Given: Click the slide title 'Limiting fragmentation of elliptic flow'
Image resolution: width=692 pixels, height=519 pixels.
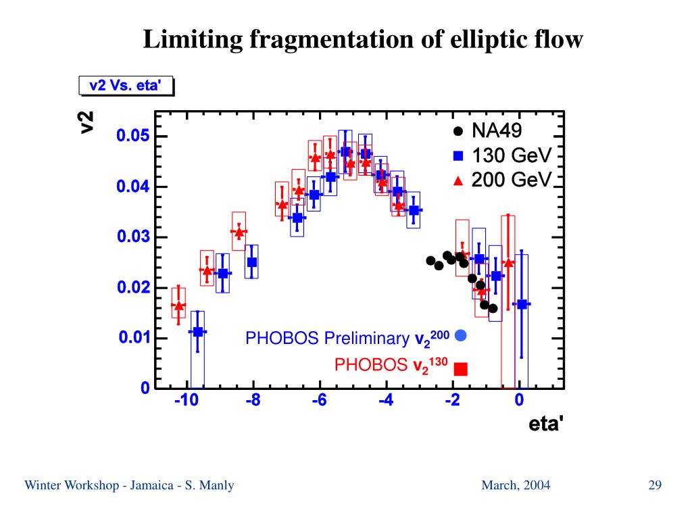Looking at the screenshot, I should coord(362,40).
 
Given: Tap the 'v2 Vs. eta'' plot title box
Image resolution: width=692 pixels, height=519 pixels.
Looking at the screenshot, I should coord(126,86).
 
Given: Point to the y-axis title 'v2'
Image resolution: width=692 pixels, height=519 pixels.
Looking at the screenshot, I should coord(87,122).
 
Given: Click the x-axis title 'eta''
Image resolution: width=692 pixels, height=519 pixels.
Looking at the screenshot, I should coord(545,424).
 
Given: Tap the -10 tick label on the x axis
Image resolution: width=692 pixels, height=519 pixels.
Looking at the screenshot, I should coord(186,401).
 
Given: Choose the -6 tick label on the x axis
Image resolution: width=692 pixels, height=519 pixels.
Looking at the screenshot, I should coord(319,401).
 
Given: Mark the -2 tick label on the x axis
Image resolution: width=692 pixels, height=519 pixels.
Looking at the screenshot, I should coord(452,401).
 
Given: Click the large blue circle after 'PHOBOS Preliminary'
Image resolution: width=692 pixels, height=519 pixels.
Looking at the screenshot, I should coord(462,335).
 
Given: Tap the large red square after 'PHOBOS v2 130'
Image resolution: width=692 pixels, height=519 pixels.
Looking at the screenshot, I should coord(461,368).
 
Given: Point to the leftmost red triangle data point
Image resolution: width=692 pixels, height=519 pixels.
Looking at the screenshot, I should coord(178,306).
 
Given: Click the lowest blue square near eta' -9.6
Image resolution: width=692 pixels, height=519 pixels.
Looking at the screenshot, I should coord(197,332).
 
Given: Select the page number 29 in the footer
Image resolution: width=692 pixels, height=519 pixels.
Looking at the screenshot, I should coord(654,485).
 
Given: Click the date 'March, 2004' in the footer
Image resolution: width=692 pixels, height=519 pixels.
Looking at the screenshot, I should coord(516,485).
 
